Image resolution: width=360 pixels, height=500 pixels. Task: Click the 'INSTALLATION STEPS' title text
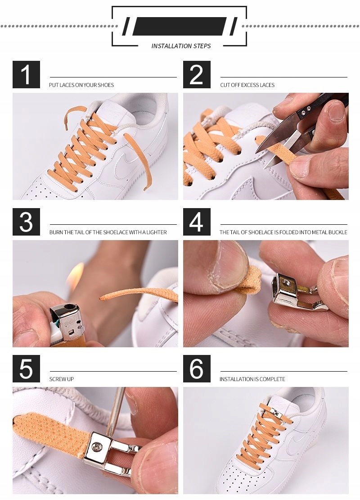pos(181,46)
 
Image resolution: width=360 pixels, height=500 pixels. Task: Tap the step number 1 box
pos(26,74)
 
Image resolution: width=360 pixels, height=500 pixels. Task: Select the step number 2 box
pos(197,74)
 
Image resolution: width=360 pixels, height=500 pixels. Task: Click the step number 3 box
pos(26,222)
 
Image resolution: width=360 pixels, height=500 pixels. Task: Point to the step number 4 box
pos(197,222)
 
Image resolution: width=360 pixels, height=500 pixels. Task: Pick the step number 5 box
pos(26,368)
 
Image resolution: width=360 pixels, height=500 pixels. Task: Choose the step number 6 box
pos(197,368)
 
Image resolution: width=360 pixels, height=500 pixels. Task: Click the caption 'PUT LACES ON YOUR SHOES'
pos(81,85)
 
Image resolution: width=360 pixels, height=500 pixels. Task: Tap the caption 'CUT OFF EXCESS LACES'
pos(247,85)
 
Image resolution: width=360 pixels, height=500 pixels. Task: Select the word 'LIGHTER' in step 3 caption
pos(157,232)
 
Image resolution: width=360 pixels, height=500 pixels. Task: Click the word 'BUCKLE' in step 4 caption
pos(337,232)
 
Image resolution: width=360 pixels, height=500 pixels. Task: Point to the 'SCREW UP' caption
pos(62,379)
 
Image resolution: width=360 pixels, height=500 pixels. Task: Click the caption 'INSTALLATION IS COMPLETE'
pos(252,379)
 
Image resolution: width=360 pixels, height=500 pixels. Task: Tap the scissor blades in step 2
pos(280,140)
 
